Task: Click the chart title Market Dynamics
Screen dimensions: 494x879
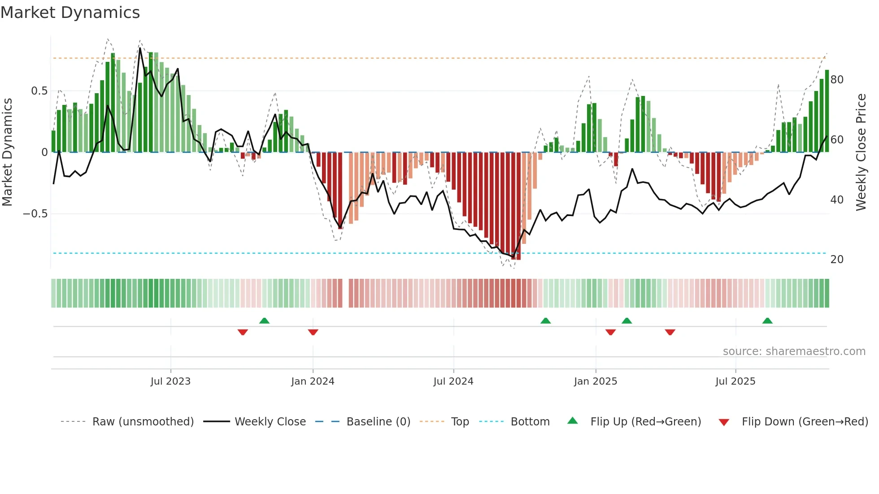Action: tap(70, 13)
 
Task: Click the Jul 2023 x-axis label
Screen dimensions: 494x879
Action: tap(170, 381)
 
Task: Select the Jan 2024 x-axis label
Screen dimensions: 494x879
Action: tap(313, 381)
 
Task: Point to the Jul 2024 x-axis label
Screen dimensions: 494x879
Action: tap(453, 381)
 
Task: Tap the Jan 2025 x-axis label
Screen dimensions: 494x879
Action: tap(596, 381)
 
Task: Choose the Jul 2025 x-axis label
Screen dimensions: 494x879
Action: tap(735, 381)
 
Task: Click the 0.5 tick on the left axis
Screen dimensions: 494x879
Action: tap(39, 91)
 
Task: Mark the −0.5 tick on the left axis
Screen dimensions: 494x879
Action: tap(35, 214)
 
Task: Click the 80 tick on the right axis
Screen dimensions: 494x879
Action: tap(837, 80)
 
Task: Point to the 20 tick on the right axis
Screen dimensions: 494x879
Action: tap(837, 260)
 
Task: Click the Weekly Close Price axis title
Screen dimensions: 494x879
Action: tap(861, 152)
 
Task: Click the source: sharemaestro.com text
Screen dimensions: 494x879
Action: tap(794, 351)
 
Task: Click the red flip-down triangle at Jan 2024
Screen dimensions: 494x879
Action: tap(313, 332)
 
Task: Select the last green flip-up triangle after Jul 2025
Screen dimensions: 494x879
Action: tap(767, 321)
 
